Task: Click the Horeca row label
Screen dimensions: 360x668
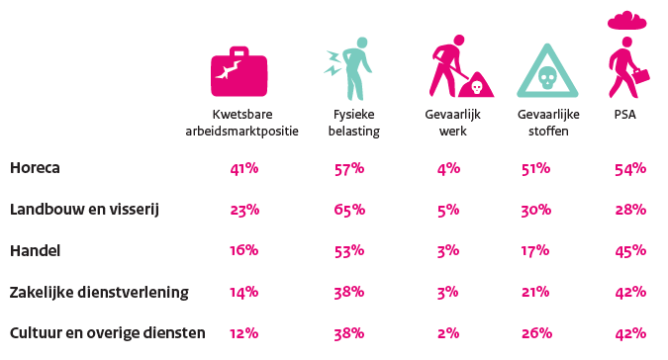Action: (x=35, y=168)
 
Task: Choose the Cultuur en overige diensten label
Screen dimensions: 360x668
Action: (x=107, y=333)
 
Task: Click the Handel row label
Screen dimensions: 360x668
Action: (x=35, y=251)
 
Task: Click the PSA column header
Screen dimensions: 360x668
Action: (x=624, y=114)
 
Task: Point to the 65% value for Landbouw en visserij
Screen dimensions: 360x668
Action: (x=350, y=210)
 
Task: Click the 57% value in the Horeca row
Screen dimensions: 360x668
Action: (x=350, y=168)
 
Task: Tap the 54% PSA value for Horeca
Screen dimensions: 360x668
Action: (x=630, y=168)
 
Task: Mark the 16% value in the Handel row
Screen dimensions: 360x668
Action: (x=243, y=251)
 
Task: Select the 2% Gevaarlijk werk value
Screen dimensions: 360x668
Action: (x=447, y=333)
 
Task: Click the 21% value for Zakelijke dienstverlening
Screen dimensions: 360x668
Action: (x=535, y=293)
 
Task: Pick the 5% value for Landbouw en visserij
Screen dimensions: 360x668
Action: (x=447, y=210)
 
